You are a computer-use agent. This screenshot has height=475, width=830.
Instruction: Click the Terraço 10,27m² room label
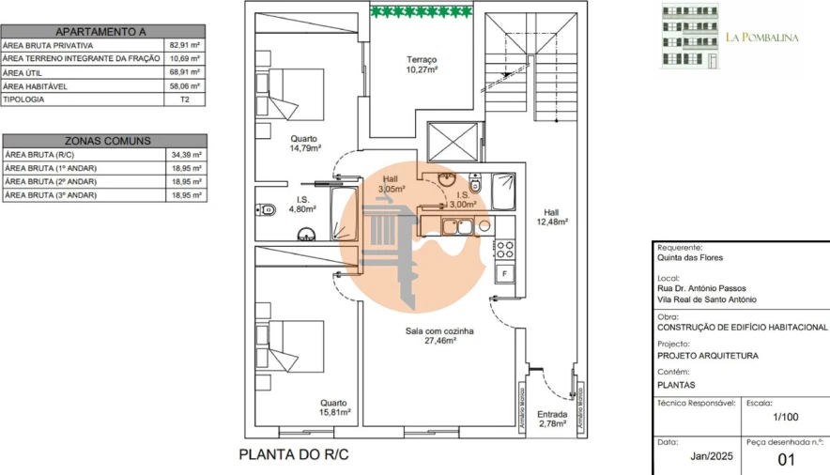421,64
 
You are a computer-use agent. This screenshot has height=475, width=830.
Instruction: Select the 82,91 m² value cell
184,44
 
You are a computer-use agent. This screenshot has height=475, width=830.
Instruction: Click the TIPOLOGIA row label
23,99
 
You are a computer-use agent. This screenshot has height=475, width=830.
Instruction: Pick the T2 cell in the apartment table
184,99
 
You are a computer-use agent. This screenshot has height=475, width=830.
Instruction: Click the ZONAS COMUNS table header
104,141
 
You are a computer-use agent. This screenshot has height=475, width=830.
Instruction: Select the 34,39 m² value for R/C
184,154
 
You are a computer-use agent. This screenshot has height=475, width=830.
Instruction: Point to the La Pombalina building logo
690,37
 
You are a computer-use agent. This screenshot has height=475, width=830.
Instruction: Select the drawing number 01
787,459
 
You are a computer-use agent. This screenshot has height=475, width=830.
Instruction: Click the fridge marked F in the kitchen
505,273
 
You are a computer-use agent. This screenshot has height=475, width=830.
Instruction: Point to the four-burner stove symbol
505,249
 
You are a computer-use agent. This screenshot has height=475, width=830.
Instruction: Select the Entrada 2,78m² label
551,419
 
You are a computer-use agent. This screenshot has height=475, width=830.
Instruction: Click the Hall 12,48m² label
553,217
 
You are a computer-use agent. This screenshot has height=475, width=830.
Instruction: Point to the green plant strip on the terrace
421,11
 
